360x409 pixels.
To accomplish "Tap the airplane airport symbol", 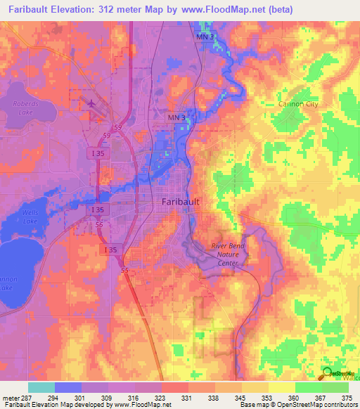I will pos(92,105).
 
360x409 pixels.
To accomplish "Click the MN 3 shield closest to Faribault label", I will pos(176,117).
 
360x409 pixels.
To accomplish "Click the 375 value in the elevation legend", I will pos(348,397).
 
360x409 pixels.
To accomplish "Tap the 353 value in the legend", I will pos(268,397).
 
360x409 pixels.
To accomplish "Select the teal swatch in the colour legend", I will pos(41,387).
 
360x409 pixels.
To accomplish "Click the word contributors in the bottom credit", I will pos(340,405).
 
